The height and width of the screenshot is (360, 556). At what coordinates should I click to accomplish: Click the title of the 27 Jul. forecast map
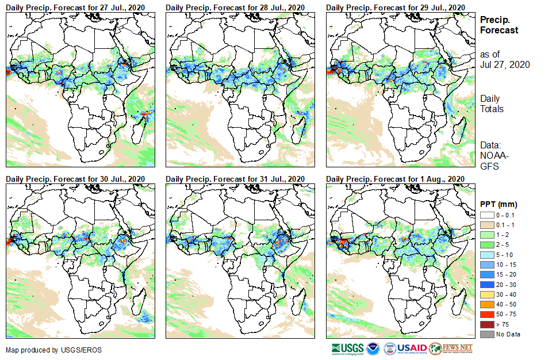pos(75,7)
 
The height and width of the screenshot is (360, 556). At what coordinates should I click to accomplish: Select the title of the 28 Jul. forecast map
pos(235,7)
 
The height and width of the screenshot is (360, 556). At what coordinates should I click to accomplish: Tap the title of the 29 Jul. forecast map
pos(395,7)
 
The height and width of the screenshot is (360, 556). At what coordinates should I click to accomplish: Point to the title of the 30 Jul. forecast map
pos(75,179)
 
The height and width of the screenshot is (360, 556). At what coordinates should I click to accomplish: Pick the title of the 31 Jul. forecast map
pos(235,179)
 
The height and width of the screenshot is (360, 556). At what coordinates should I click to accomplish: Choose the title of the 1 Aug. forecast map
pos(395,179)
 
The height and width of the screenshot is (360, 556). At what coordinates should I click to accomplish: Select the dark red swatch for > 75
pos(486,325)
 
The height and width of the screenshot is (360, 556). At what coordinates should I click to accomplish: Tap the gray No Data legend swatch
pos(486,334)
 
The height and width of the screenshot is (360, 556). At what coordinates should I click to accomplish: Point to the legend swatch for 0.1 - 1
pos(486,224)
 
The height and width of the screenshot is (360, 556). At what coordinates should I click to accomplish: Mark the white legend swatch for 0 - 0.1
pos(486,215)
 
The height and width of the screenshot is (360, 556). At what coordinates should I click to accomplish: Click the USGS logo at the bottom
pos(347,348)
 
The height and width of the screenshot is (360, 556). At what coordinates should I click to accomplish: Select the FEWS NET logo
pos(451,348)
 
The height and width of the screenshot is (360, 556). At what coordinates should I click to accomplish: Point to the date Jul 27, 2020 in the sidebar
pos(505,64)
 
